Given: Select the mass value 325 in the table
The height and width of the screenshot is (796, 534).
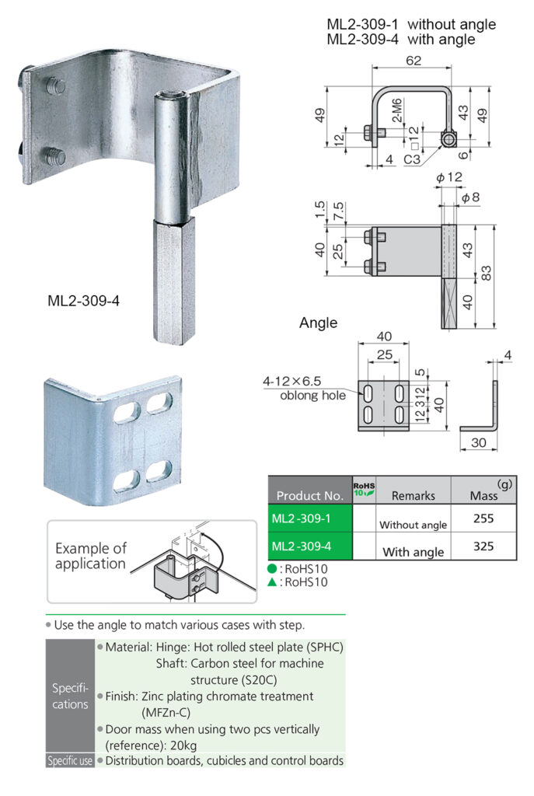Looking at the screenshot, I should click(483, 546).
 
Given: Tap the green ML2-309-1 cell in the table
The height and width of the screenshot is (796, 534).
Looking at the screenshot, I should click(309, 518).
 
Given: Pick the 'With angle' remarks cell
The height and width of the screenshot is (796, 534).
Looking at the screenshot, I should click(413, 552).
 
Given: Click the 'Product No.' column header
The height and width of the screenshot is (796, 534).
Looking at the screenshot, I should click(309, 495).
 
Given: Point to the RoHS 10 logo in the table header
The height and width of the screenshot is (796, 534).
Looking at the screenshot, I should click(364, 488).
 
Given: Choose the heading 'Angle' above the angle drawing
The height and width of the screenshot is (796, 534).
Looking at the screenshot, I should click(318, 323).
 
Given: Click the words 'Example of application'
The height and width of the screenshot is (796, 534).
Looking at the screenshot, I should click(90, 556).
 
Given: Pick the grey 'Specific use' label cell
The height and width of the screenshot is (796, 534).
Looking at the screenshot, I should click(70, 761).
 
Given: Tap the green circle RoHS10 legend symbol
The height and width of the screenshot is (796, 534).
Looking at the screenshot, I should click(273, 568).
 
